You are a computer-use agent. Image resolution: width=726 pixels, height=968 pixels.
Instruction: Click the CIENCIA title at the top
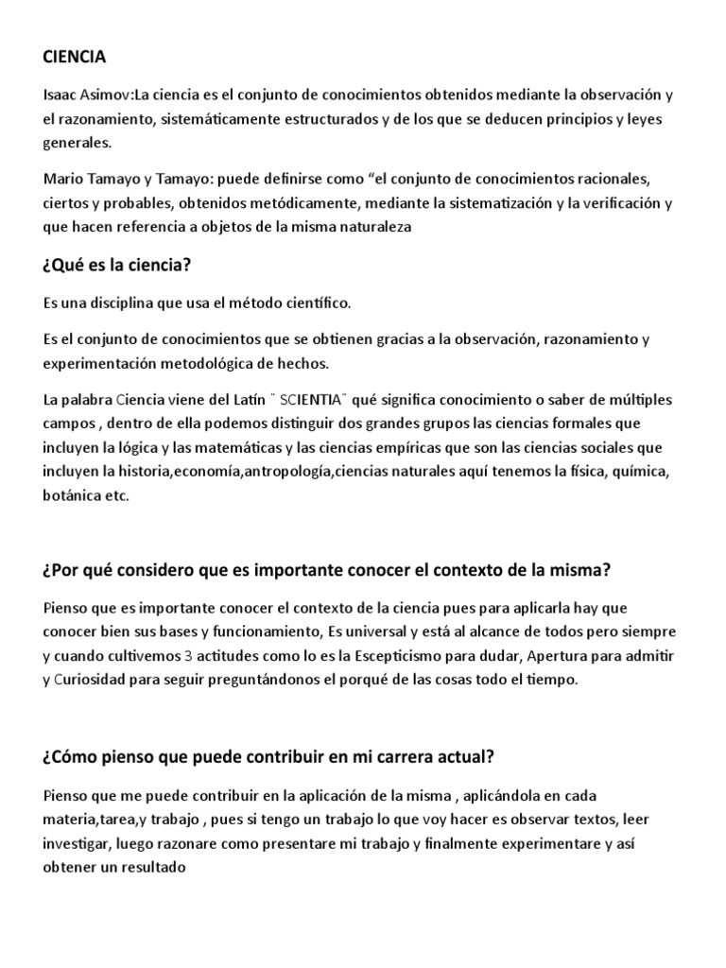[75, 58]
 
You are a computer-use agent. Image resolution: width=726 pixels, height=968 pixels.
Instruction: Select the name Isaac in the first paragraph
[60, 95]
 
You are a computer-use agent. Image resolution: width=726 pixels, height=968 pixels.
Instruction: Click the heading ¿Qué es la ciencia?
[117, 265]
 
